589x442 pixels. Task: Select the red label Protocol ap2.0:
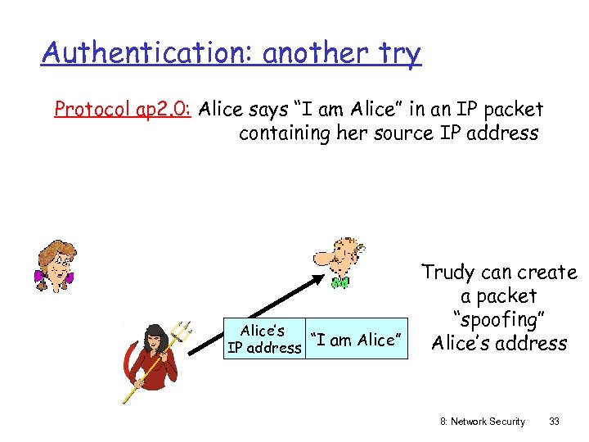pyautogui.click(x=122, y=109)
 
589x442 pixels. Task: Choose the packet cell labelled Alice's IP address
pyautogui.click(x=263, y=339)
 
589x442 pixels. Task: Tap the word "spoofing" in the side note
pyautogui.click(x=498, y=320)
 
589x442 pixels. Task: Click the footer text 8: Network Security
pyautogui.click(x=482, y=421)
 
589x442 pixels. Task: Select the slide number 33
pyautogui.click(x=554, y=421)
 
